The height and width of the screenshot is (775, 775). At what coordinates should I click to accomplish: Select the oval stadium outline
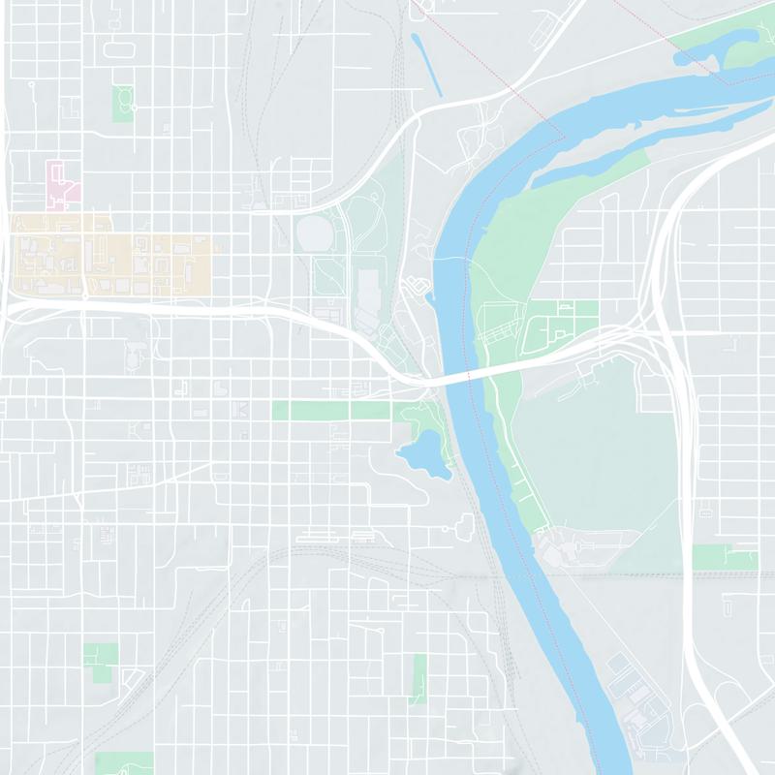pyautogui.click(x=315, y=233)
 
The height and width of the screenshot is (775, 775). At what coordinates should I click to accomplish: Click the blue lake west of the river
pyautogui.click(x=422, y=453)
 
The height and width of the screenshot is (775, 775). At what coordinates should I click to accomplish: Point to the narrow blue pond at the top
pyautogui.click(x=426, y=64)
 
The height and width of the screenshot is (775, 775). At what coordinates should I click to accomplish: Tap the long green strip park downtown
pyautogui.click(x=329, y=411)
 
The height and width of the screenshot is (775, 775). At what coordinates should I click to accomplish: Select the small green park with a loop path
pyautogui.click(x=123, y=102)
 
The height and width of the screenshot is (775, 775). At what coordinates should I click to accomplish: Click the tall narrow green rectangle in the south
pyautogui.click(x=419, y=678)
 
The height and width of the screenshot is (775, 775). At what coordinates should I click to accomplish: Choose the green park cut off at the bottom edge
pyautogui.click(x=124, y=763)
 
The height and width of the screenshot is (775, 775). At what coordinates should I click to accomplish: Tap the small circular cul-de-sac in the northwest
pyautogui.click(x=31, y=85)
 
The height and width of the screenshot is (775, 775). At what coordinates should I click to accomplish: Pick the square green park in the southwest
pyautogui.click(x=100, y=657)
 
